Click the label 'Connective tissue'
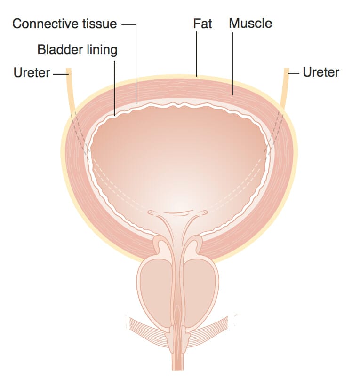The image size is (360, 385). coord(64,24)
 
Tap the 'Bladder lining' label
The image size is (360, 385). coord(78,49)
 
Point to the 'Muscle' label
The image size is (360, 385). coord(250,23)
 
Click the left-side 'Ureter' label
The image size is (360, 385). coord(32,73)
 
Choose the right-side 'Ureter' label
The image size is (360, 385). coord(321,72)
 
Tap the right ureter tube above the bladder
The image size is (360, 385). coord(285,89)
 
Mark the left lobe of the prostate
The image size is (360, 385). coord(155,292)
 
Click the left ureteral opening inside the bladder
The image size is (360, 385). coord(152,213)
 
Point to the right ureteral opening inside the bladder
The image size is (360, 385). coord(204,213)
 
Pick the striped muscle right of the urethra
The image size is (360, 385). coord(212,327)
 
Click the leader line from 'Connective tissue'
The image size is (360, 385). coord(136,61)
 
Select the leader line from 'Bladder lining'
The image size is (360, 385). coord(114,85)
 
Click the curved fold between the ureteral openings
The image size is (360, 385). coord(177,212)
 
